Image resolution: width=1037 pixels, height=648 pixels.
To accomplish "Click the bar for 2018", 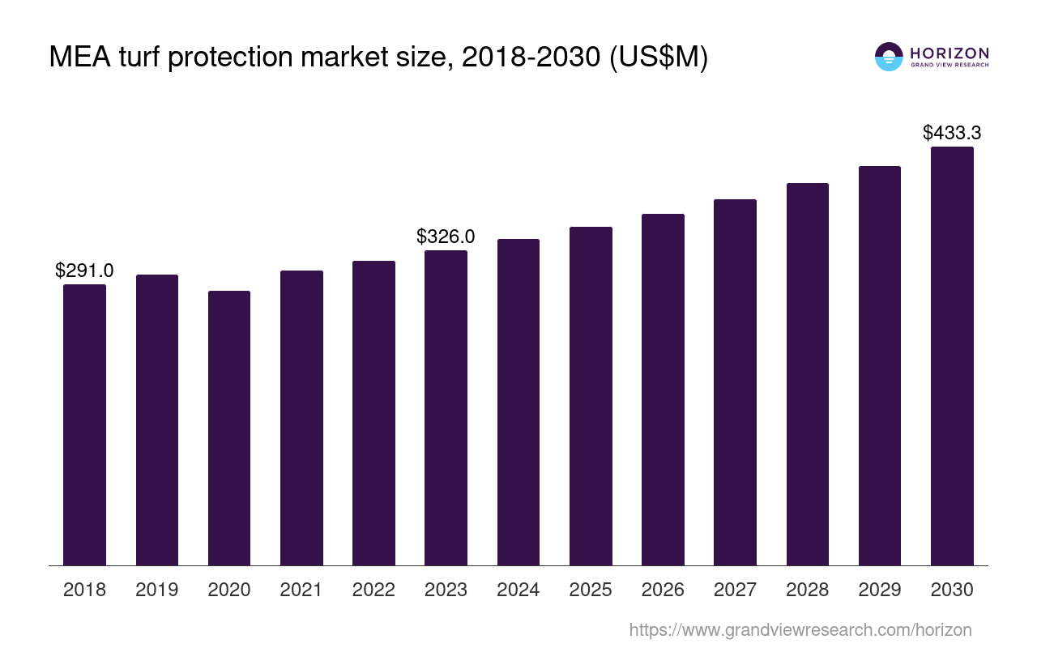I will tap(84, 424).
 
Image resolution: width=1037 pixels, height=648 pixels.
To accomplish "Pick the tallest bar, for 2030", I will tap(952, 356).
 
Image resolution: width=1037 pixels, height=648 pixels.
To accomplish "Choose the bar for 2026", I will tap(663, 390).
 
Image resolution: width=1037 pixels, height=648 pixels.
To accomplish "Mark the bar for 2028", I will tap(807, 374).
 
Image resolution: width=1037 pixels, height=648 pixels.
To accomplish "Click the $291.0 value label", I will tap(84, 271).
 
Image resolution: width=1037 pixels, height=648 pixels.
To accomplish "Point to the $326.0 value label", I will tap(446, 237).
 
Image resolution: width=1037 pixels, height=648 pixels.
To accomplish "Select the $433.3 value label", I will tap(952, 134).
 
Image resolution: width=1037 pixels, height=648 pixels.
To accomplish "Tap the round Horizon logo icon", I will tap(889, 57).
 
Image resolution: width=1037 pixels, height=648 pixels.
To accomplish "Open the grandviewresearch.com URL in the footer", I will tap(800, 629).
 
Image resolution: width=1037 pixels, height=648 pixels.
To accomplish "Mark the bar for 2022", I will tap(373, 413).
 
